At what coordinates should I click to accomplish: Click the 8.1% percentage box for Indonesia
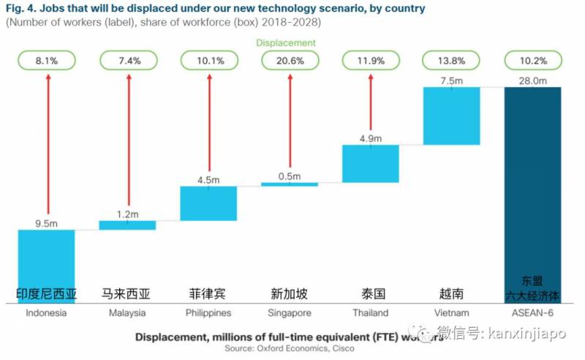point(46,61)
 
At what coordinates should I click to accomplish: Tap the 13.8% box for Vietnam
point(451,61)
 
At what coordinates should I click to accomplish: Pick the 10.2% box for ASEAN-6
point(532,61)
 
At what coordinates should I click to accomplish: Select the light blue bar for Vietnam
point(451,116)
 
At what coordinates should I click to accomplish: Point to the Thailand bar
point(371,163)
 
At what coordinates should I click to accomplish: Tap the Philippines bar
point(208,203)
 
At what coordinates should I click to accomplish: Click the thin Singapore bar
point(290,184)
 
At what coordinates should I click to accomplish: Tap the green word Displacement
point(286,42)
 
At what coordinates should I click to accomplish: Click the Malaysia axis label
point(127,313)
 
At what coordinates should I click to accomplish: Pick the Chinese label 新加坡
point(290,294)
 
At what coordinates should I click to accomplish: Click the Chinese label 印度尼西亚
point(46,294)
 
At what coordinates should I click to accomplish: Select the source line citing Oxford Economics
point(289,349)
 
